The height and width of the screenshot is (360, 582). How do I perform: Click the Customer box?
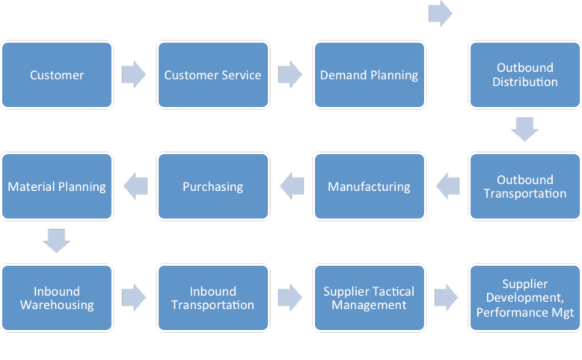tap(57, 75)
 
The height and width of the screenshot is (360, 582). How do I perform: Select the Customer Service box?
tap(212, 75)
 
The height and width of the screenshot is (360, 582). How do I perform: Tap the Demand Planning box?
tap(369, 75)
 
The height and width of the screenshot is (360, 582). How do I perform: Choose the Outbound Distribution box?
tap(524, 75)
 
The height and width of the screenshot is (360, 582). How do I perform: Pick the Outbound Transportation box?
tap(524, 186)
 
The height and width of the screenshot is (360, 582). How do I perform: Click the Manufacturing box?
tap(369, 186)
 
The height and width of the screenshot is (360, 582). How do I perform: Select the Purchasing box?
tap(212, 186)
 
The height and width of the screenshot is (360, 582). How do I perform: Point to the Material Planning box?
tap(57, 186)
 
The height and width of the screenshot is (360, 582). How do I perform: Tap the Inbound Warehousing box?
tap(57, 298)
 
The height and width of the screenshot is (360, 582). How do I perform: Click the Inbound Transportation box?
tap(212, 298)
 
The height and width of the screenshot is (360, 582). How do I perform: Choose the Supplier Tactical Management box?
tap(369, 298)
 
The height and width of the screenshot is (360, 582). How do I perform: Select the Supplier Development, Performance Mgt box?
tap(524, 298)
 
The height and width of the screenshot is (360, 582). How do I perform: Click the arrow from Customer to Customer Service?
tap(134, 74)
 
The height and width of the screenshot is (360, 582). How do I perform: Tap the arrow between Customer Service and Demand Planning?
tap(290, 74)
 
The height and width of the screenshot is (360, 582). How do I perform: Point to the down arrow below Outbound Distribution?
tap(524, 129)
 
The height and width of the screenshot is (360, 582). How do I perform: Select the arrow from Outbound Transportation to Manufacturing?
tap(447, 186)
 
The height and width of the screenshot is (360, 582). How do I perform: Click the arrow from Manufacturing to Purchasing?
tap(292, 186)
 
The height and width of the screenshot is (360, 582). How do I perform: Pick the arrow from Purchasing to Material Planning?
tap(135, 186)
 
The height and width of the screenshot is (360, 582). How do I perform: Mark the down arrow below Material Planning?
tap(57, 241)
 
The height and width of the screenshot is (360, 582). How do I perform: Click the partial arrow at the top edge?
tap(441, 12)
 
